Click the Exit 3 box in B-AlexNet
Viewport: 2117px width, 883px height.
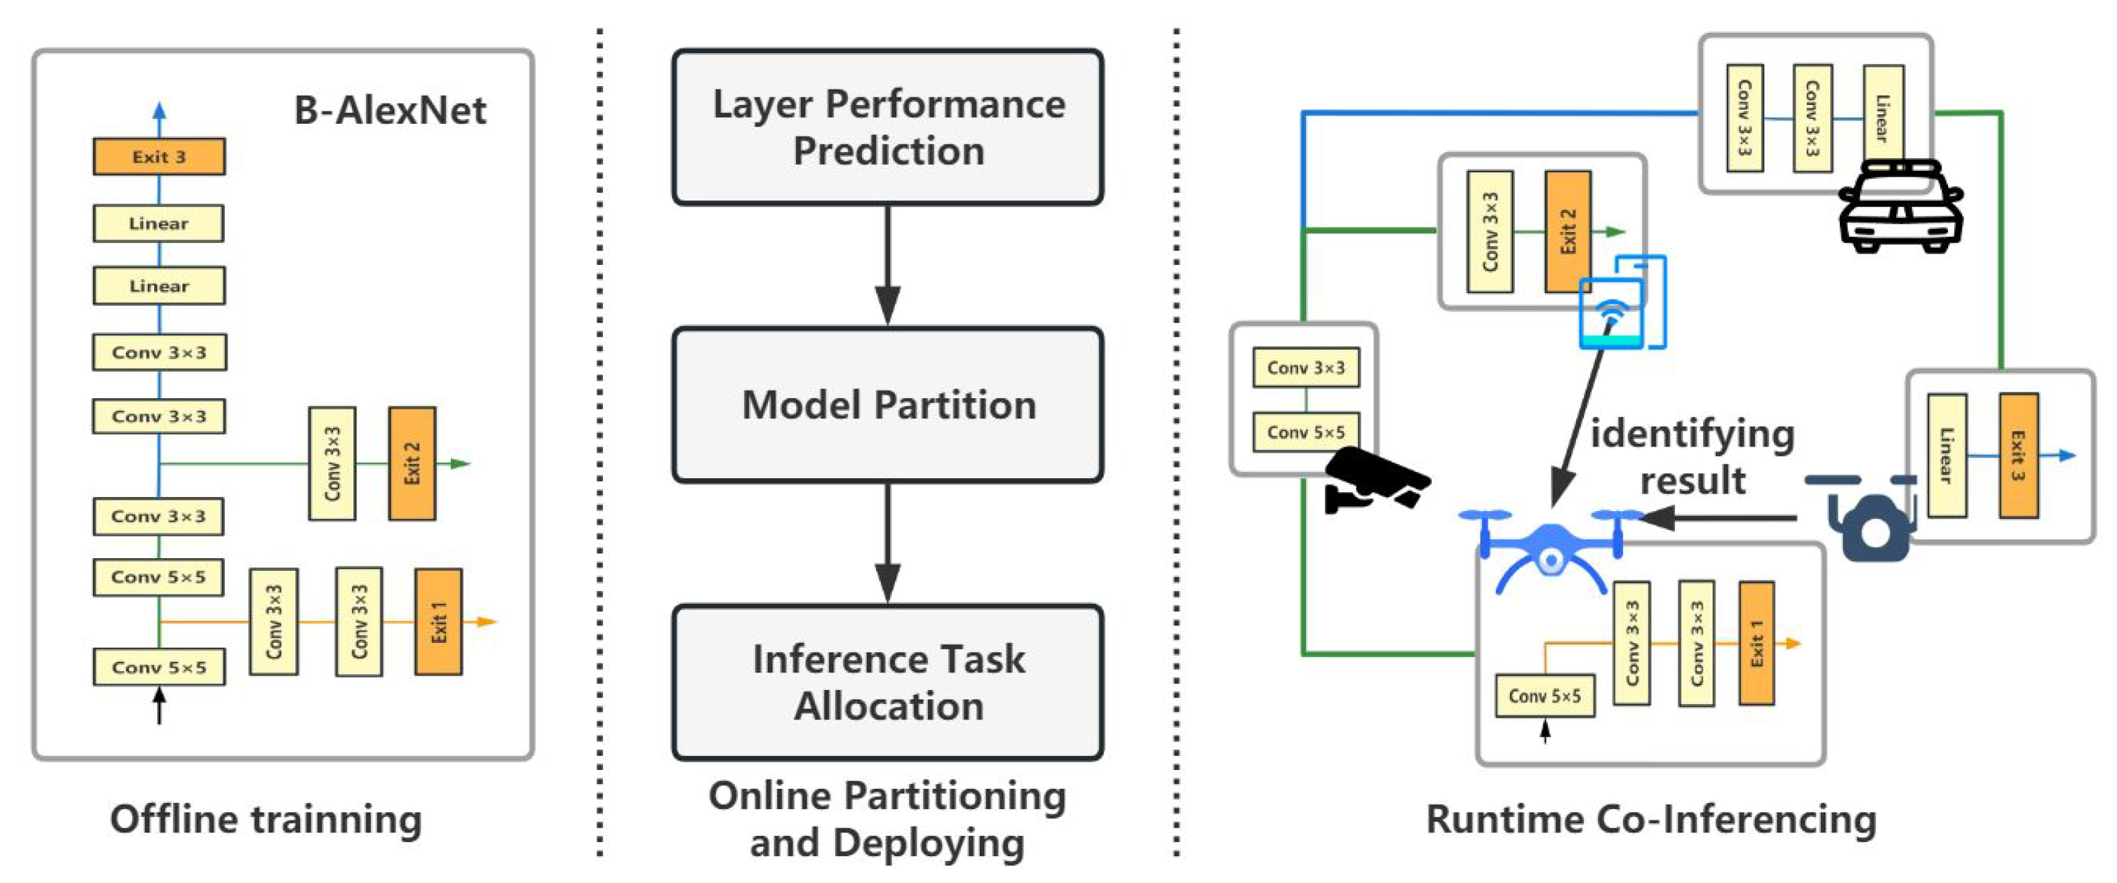(159, 156)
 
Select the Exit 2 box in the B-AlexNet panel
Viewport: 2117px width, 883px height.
(412, 463)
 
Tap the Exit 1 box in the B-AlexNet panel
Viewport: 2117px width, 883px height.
(438, 622)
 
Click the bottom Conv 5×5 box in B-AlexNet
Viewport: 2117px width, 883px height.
(159, 667)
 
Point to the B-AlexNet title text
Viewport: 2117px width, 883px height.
(390, 110)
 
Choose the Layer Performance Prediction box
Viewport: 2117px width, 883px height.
(888, 127)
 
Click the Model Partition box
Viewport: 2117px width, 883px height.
(888, 405)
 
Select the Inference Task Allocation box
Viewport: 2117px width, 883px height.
(888, 683)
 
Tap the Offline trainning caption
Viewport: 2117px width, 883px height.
(265, 819)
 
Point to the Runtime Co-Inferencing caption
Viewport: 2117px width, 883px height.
(1651, 819)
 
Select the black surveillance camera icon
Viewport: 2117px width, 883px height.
(1374, 482)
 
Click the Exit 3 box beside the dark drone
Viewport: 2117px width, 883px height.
(2017, 455)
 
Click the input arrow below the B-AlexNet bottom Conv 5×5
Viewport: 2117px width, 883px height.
(159, 706)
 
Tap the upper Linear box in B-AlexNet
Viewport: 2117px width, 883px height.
(159, 223)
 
